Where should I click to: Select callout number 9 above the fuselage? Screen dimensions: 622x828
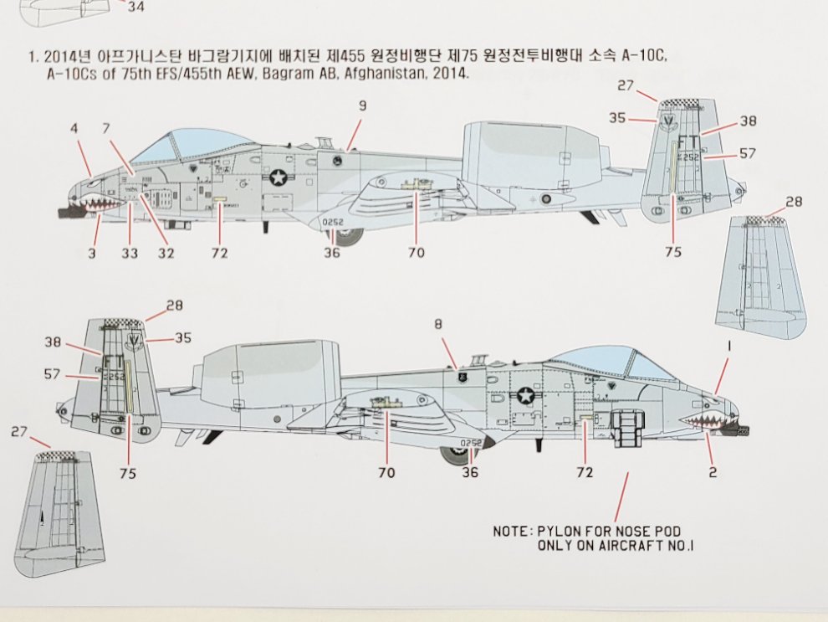362,107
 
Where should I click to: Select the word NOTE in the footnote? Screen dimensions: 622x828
511,532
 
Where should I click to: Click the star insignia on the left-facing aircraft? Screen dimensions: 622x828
277,177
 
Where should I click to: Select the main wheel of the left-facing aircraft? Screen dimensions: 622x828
350,235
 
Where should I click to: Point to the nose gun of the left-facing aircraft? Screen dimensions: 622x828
67,213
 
